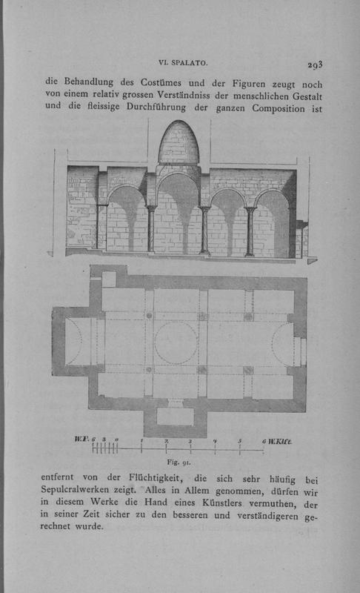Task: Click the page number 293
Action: click(315, 64)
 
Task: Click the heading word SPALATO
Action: click(190, 63)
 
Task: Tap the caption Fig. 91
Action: click(179, 462)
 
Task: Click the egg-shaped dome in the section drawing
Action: click(179, 142)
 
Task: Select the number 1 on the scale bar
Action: click(141, 440)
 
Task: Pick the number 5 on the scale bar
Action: click(240, 440)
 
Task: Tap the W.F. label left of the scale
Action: click(81, 439)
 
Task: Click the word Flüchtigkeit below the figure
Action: click(156, 477)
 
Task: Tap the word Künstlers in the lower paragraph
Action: click(221, 503)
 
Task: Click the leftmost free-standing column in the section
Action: click(151, 228)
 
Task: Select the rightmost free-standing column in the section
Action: click(250, 231)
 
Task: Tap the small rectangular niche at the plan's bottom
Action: click(175, 417)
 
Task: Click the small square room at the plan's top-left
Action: click(109, 279)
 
